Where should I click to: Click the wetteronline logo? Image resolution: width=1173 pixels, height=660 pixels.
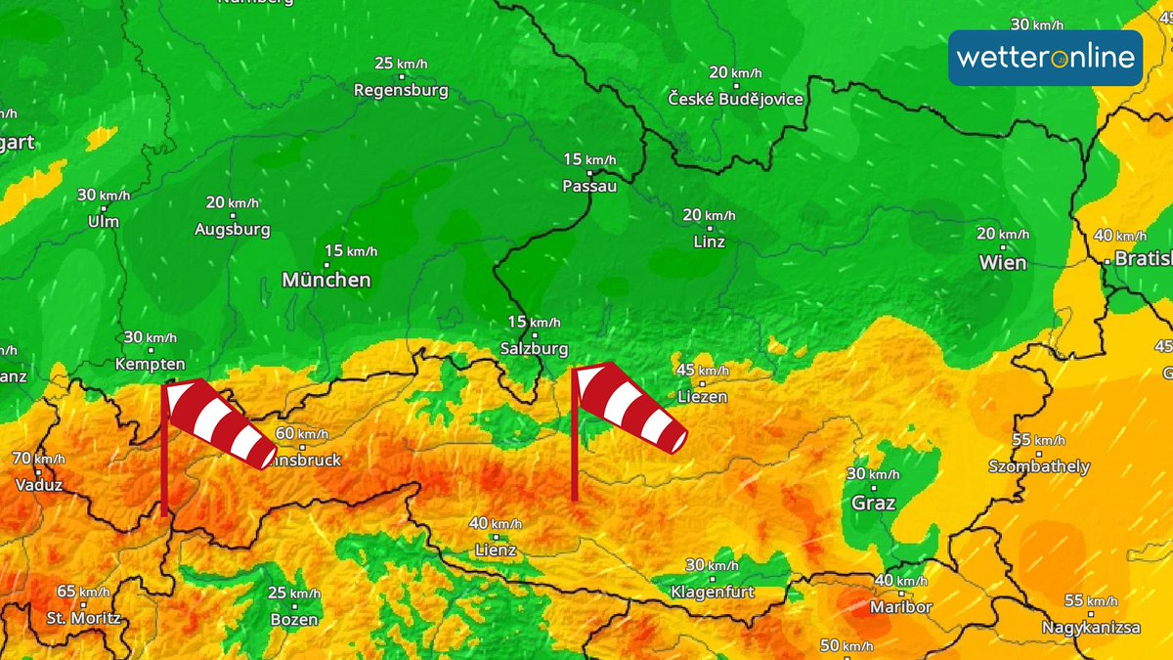click(1045, 58)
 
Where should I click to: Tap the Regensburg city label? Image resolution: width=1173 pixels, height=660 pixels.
click(401, 91)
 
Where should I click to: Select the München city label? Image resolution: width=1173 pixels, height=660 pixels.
click(326, 281)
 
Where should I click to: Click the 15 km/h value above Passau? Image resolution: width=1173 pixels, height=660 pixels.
click(589, 159)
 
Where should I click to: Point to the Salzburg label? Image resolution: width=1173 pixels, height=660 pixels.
click(533, 349)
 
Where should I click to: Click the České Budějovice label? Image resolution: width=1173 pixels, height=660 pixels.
click(736, 100)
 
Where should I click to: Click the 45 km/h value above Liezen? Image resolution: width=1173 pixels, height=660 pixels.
click(702, 370)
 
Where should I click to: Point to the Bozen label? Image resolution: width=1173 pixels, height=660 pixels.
click(293, 620)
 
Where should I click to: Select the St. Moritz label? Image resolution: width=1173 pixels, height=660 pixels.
click(83, 618)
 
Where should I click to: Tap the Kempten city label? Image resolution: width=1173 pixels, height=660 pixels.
click(151, 364)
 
